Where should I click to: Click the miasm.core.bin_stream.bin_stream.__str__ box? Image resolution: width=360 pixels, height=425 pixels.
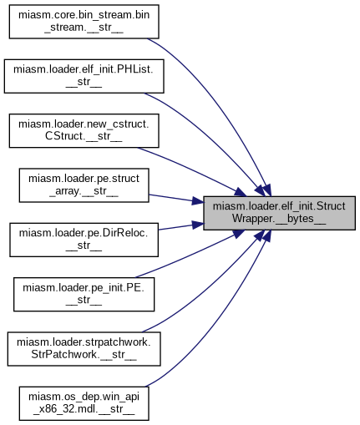coord(84,22)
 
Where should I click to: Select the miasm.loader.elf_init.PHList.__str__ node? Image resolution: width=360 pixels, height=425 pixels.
coord(84,76)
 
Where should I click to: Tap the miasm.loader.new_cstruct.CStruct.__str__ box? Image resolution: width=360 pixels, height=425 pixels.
coord(84,130)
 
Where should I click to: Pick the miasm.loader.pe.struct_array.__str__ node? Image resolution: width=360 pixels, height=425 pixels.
coord(84,185)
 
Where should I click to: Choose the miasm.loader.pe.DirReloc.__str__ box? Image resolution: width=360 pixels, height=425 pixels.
coord(84,240)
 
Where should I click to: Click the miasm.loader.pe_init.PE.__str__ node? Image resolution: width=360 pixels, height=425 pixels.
coord(84,294)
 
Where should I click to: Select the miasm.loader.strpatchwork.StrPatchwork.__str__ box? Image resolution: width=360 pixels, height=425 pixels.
coord(84,349)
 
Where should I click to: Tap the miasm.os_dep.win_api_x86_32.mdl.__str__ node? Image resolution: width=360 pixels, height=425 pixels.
coord(84,403)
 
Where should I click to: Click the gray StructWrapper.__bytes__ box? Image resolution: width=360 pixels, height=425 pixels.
coord(279,213)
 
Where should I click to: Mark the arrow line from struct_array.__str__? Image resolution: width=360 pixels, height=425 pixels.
coord(176,199)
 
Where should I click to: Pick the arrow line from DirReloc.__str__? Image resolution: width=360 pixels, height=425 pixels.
coord(181,226)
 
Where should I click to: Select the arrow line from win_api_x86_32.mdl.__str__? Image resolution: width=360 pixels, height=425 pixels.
coord(223,323)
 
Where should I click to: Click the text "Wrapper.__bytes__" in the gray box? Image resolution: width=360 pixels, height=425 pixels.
coord(279,219)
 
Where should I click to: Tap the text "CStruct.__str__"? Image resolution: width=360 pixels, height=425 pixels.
coord(84,136)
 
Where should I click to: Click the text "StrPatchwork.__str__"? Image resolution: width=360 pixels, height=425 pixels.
coord(84,354)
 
